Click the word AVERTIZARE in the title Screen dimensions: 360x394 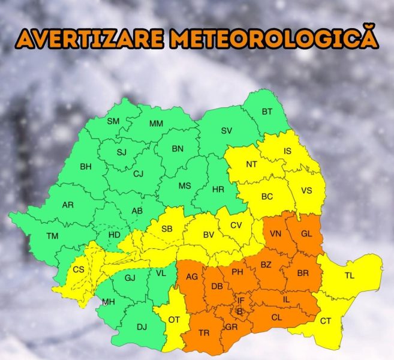click(90, 37)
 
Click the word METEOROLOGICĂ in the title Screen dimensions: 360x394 click(273, 37)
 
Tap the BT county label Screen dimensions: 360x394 click(267, 112)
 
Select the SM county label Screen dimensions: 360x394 click(113, 121)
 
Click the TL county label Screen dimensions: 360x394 click(350, 276)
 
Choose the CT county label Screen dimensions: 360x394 click(325, 321)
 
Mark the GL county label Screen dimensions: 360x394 click(306, 234)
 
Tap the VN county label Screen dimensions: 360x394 click(276, 234)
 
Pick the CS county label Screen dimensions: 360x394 click(79, 269)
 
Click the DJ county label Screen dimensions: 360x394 click(142, 327)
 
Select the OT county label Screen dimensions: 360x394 click(173, 320)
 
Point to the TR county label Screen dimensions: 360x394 click(204, 333)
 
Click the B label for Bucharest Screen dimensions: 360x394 click(239, 311)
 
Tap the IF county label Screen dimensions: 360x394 click(241, 301)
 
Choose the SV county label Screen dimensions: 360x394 click(226, 131)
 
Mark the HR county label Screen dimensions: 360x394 click(218, 189)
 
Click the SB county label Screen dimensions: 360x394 click(167, 229)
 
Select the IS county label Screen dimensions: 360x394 click(287, 151)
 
